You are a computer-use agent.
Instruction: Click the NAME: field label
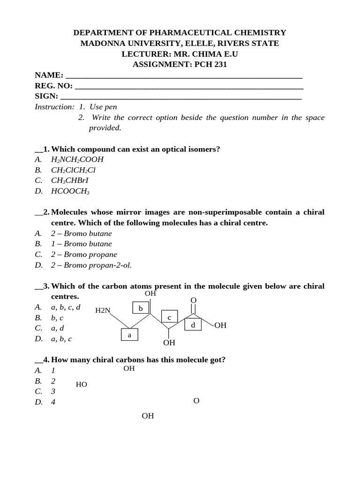tap(49, 75)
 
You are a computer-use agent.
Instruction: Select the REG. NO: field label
tap(53, 86)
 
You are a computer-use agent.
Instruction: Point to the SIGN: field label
tap(46, 97)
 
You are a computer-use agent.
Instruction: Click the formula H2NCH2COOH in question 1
tap(77, 159)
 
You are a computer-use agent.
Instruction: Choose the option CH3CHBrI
tap(70, 180)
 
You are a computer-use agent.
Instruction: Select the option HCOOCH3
tap(70, 191)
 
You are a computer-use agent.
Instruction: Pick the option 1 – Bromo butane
tap(82, 244)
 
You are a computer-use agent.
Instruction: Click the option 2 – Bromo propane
tap(84, 255)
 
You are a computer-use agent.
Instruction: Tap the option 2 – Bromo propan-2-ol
tap(91, 265)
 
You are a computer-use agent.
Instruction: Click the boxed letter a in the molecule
tap(130, 335)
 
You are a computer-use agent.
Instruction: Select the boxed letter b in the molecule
tap(140, 308)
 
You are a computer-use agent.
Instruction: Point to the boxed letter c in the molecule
tap(170, 317)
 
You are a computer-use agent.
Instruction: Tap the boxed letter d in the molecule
tap(192, 324)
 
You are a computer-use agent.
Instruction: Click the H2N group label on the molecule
tap(103, 310)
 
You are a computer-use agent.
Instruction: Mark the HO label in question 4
tap(82, 385)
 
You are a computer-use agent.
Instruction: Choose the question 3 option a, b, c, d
tap(66, 307)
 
